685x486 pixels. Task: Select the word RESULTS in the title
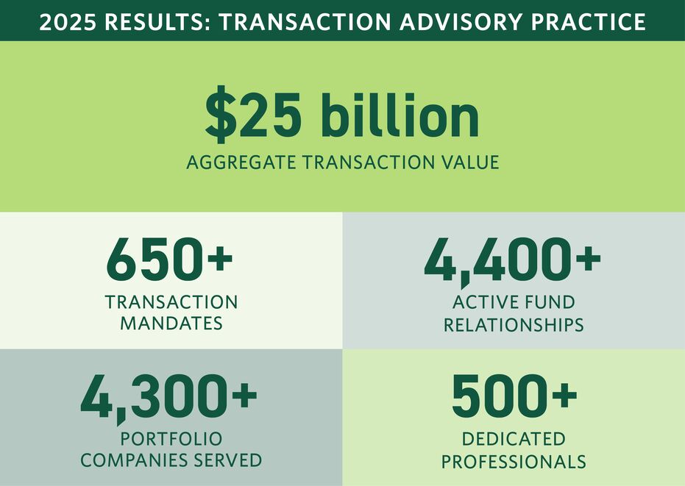tap(157, 22)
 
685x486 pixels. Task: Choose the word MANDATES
tap(171, 324)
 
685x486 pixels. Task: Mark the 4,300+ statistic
tap(169, 397)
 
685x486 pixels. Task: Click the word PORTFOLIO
tap(171, 439)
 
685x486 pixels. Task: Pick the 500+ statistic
tap(514, 397)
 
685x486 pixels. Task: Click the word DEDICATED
tap(514, 439)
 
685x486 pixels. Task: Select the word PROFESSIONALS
tap(514, 462)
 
